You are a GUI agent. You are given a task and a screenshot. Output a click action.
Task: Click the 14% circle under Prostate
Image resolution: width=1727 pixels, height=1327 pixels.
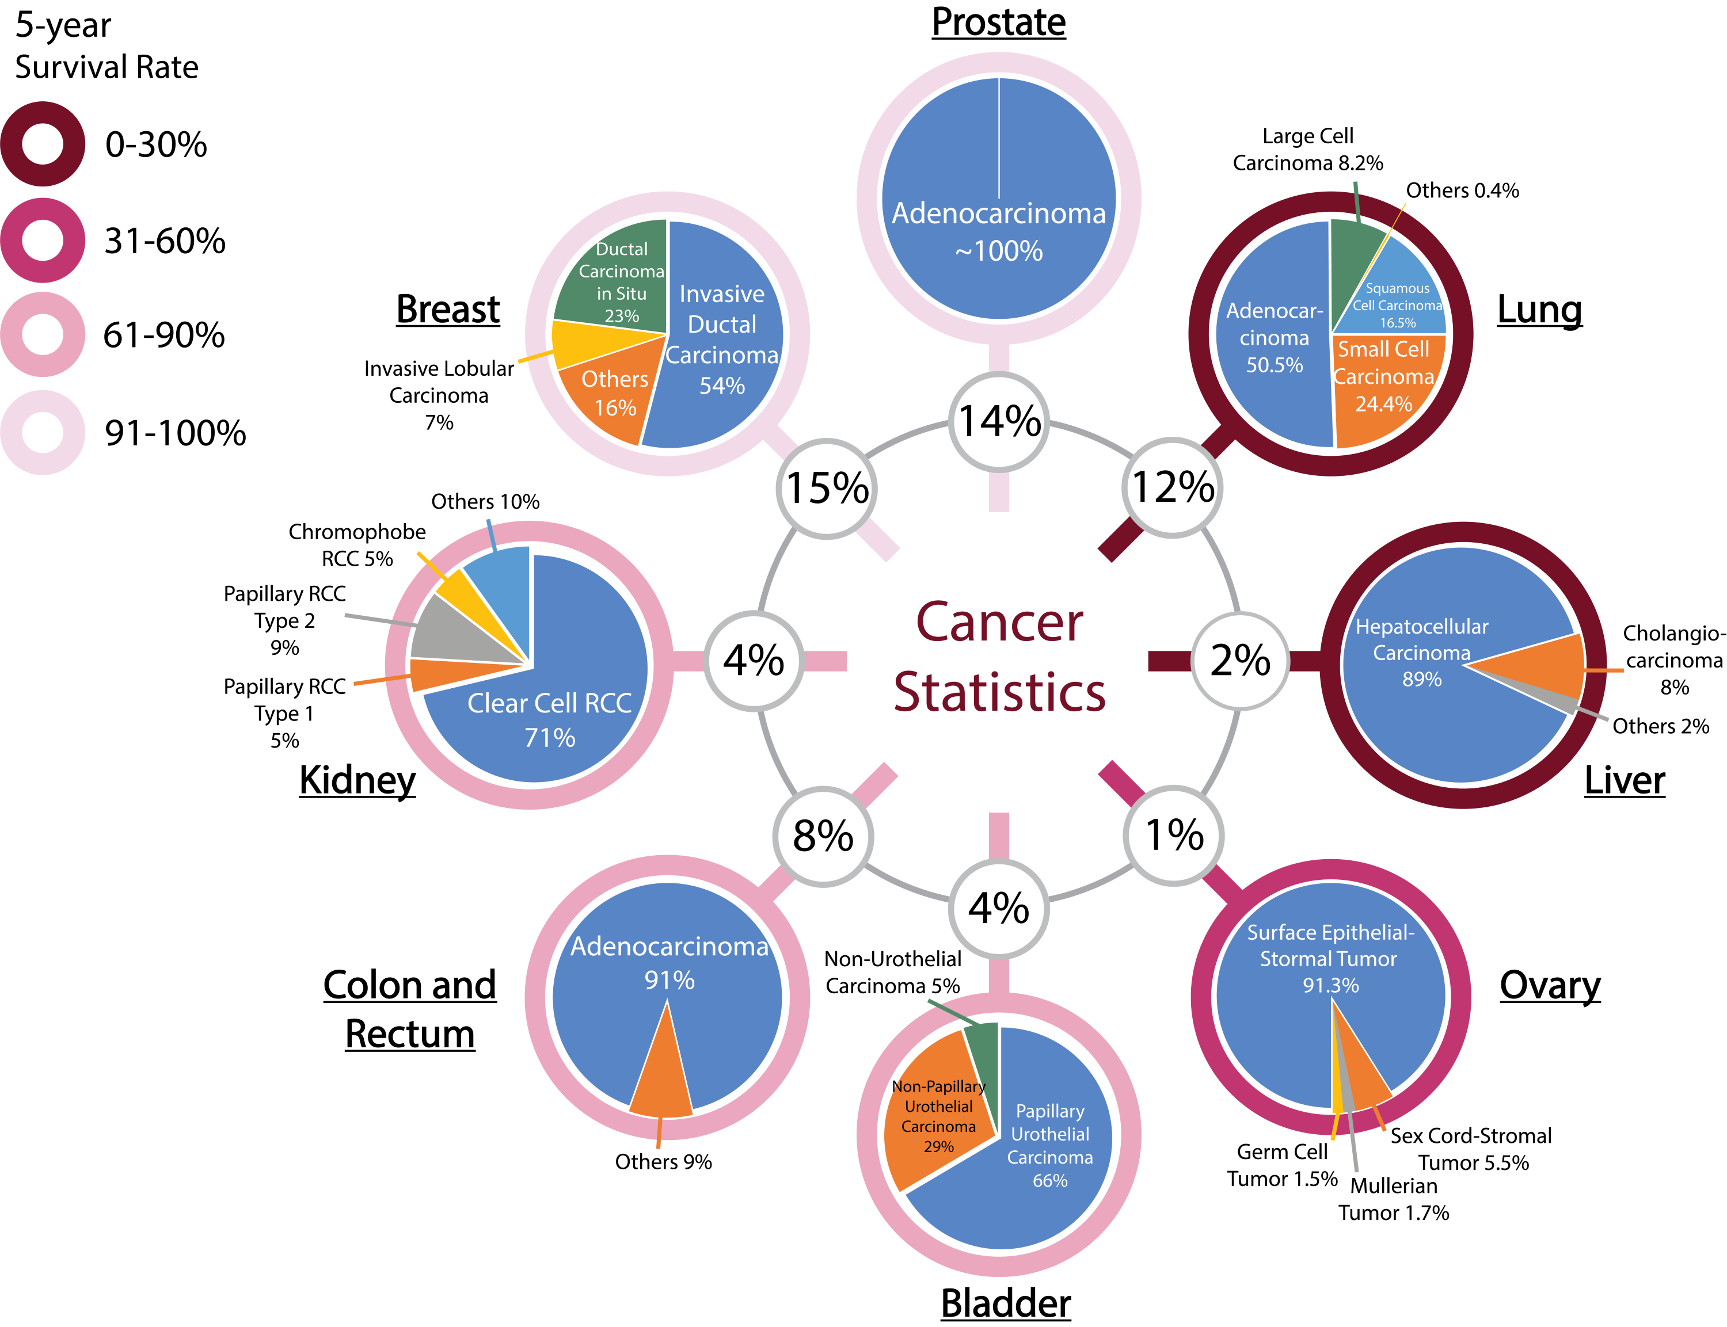coord(999,422)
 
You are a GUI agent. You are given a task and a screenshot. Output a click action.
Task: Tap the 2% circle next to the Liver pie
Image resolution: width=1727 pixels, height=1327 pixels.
coord(1239,661)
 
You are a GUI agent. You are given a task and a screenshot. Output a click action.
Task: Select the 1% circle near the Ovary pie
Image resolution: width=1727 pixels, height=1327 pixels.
coord(1173,835)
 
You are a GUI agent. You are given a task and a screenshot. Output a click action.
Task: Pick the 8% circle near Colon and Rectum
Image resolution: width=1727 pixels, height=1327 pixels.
coord(823,836)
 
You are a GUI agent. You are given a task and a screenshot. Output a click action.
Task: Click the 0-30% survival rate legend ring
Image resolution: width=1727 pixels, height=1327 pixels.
coord(43,144)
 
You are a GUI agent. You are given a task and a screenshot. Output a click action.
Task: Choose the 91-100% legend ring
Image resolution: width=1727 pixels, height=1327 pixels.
coord(43,432)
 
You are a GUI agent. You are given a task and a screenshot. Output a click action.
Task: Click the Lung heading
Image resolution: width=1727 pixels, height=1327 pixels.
coord(1539,310)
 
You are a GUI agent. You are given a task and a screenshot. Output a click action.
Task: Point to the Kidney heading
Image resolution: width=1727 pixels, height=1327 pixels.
coord(357,780)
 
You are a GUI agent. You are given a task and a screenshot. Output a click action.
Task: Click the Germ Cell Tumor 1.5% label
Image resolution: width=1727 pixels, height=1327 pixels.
coord(1281,1165)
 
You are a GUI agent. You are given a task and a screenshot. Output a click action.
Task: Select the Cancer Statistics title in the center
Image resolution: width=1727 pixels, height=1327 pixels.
coord(999,657)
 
